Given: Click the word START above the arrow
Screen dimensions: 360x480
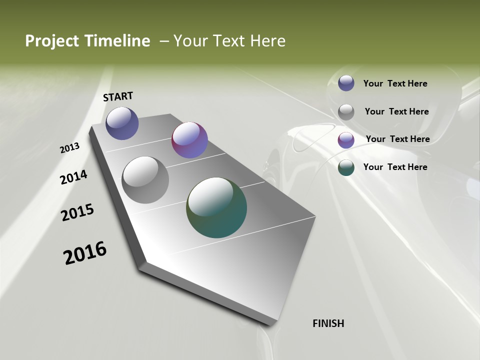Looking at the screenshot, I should [x=118, y=96].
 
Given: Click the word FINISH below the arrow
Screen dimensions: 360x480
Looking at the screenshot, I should [x=328, y=323].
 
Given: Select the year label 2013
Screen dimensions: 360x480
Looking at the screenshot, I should [x=69, y=148].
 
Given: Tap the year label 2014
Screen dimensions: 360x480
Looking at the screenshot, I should [x=73, y=177].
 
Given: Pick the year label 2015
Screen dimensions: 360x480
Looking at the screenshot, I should [x=77, y=212].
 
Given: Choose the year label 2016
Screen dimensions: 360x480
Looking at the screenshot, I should [x=85, y=253].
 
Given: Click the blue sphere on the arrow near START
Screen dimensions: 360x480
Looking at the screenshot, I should [x=122, y=123].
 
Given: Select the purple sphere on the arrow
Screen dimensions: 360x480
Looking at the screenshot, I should [x=189, y=140].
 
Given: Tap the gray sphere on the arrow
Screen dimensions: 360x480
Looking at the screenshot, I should [x=145, y=180].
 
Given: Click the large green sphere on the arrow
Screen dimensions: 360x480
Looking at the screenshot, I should [x=216, y=207].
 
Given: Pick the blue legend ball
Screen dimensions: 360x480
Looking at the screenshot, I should [x=346, y=83].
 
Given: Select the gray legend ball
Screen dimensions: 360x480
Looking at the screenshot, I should [x=346, y=112].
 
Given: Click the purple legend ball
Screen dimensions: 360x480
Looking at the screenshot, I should [x=346, y=140].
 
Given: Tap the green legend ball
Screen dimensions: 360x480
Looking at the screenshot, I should [x=346, y=168].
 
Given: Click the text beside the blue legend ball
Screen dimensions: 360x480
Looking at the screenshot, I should [x=395, y=84].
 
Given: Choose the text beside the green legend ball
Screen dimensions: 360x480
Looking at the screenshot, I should [x=395, y=167].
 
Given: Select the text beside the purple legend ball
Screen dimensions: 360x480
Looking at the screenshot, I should [x=397, y=139].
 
